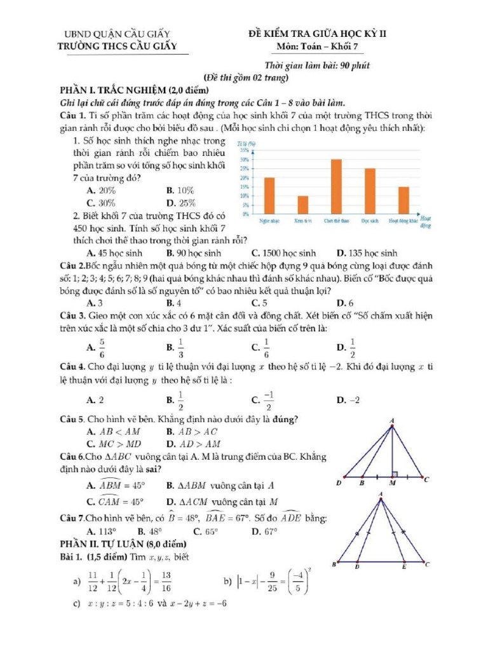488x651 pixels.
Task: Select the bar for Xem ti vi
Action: [303, 205]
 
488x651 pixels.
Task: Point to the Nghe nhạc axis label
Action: [270, 221]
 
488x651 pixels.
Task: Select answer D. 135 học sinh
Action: [367, 252]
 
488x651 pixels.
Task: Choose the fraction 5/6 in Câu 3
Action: [102, 347]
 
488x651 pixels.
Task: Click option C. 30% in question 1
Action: [100, 203]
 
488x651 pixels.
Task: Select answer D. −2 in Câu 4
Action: [348, 400]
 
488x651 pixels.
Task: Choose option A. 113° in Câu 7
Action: [101, 531]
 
